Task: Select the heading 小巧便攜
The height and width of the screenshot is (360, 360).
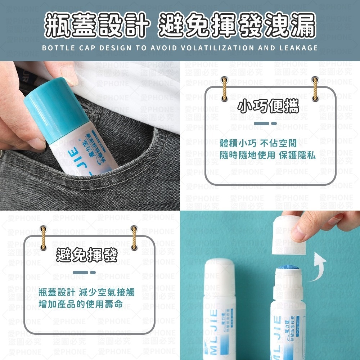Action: pyautogui.click(x=268, y=107)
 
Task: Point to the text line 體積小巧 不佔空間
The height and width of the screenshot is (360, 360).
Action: pyautogui.click(x=258, y=144)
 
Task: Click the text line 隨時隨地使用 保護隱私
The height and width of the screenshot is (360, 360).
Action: pyautogui.click(x=267, y=155)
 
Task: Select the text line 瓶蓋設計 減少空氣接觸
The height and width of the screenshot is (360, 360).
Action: pyautogui.click(x=86, y=292)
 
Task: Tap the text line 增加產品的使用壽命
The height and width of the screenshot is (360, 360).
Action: pyautogui.click(x=80, y=305)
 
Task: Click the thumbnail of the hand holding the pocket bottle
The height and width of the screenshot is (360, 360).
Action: pyautogui.click(x=90, y=136)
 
